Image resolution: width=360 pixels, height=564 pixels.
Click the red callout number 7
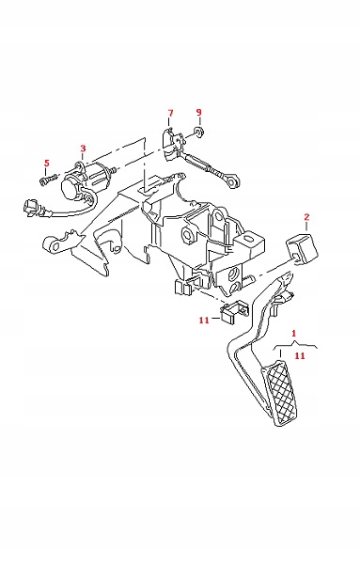[170, 113]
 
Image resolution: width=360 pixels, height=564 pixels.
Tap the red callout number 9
[199, 112]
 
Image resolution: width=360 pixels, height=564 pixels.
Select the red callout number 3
[83, 149]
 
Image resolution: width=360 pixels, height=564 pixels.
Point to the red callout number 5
[46, 163]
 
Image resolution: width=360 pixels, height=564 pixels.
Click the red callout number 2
[306, 217]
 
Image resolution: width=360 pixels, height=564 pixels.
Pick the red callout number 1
[294, 333]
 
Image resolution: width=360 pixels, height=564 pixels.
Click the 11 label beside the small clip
[204, 320]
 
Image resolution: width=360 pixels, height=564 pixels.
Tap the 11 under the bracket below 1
[300, 355]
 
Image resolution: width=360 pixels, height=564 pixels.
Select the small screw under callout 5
[49, 180]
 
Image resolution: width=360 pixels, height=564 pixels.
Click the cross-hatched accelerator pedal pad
[281, 395]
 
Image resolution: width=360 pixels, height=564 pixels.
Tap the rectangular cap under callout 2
[302, 248]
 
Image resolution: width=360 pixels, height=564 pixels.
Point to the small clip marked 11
[233, 311]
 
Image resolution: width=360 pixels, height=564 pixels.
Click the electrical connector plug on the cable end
[32, 209]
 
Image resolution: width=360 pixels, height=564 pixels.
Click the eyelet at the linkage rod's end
[231, 180]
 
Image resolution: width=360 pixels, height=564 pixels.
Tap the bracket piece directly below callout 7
[170, 144]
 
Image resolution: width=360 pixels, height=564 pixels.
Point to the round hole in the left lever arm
[54, 246]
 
